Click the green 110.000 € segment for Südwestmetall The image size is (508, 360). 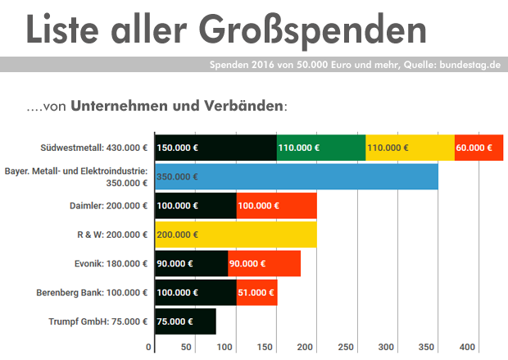pos(321,148)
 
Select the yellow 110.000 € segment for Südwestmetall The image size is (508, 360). pos(410,148)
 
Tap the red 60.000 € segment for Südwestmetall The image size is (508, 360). pos(479,148)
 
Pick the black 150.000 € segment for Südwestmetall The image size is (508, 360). pos(215,148)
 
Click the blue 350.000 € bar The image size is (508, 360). pos(296,176)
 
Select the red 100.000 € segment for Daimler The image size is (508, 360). pos(276,205)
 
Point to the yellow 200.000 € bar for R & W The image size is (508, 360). pos(235,235)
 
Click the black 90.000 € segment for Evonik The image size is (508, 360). pos(191,263)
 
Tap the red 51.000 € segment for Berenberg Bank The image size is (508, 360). pos(256,292)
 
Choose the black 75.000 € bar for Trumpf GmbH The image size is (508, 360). pos(185,321)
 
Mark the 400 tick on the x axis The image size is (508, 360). pos(468,347)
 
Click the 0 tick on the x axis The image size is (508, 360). pos(150,347)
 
